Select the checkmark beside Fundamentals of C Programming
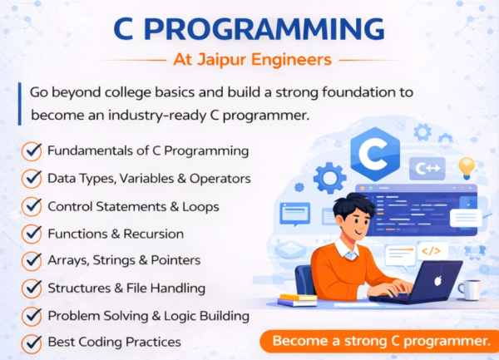pos(32,151)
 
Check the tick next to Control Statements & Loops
pos(32,205)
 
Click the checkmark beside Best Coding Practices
pos(32,342)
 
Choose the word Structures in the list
pos(81,288)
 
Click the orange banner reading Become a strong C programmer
pos(379,340)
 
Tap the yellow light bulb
pos(467,167)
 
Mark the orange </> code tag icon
pos(430,249)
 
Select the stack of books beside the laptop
pos(299,299)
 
